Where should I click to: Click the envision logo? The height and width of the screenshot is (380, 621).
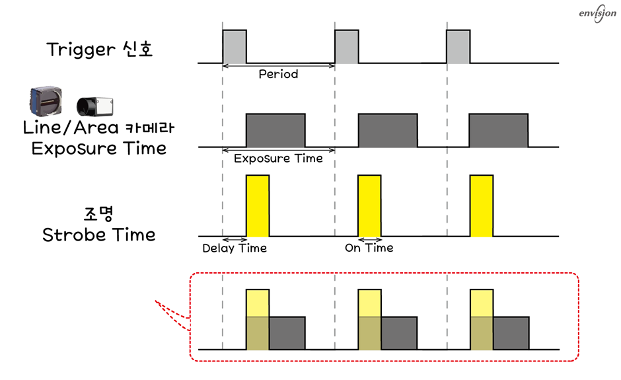[597, 13]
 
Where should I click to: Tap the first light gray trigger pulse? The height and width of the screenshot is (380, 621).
[235, 46]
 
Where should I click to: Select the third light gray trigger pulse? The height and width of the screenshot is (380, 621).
[458, 46]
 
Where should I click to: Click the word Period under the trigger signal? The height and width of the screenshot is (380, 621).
[278, 74]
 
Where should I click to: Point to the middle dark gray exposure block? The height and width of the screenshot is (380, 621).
[388, 130]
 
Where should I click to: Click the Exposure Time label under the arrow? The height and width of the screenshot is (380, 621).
[278, 159]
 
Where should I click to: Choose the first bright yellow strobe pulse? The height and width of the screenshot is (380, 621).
[258, 206]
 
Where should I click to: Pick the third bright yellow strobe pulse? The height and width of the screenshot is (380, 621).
[482, 206]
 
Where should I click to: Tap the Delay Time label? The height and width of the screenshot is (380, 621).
[235, 248]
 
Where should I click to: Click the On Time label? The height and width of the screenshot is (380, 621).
[369, 248]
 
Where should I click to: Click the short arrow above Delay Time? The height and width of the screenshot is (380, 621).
[235, 240]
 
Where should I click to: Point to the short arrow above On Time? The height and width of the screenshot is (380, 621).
[370, 240]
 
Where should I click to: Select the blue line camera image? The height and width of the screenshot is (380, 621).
[46, 100]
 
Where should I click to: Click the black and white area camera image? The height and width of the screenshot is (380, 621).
[95, 106]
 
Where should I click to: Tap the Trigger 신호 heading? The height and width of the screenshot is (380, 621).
[99, 50]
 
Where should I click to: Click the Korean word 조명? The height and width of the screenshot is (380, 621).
[98, 214]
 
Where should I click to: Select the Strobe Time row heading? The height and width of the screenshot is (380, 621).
[98, 235]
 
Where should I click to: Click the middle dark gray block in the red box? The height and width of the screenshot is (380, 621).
[399, 333]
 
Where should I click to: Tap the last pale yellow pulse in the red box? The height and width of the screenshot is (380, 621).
[482, 319]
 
